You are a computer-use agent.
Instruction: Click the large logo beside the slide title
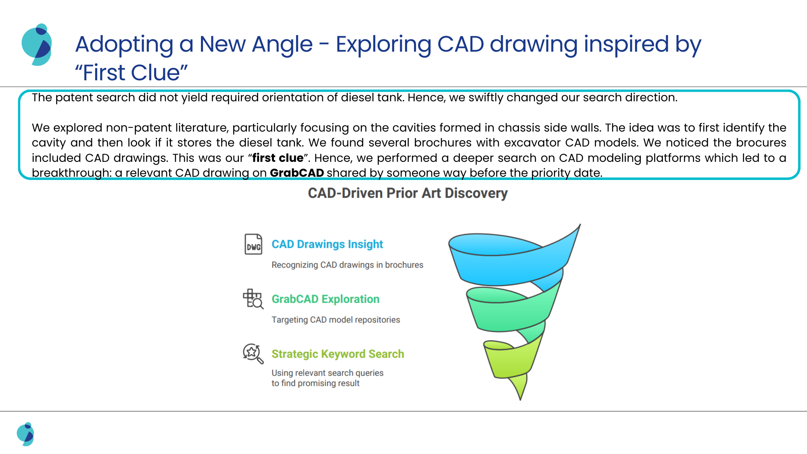pos(37,45)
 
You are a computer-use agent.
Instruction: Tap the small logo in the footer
pos(25,434)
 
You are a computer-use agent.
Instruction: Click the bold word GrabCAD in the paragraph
pos(297,173)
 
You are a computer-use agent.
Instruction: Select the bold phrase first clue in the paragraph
pos(278,158)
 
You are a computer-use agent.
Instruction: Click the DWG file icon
pos(253,244)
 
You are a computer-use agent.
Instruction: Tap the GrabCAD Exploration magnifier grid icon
pos(253,299)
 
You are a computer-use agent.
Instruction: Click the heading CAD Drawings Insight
pos(327,244)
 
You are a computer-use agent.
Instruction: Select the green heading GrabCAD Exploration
pos(326,299)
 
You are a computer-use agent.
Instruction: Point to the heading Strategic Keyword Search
pos(338,354)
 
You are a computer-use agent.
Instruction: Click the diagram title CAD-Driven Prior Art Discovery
pos(408,193)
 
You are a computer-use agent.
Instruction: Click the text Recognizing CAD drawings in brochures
pos(347,265)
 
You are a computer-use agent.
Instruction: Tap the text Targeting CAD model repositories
pos(336,320)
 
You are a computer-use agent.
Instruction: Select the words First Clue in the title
pos(132,73)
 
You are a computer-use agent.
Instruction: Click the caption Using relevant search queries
pos(327,373)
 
